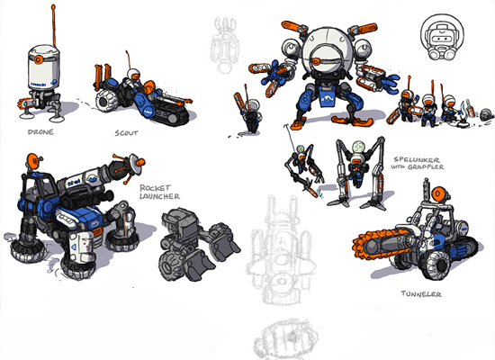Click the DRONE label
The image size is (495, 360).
click(x=40, y=132)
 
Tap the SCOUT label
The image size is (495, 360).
click(x=126, y=133)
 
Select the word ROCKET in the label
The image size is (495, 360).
click(x=156, y=188)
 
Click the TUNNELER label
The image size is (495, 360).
click(x=421, y=294)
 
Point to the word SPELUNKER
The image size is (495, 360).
click(x=417, y=160)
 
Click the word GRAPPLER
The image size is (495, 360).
click(x=426, y=166)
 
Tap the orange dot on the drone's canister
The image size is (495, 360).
click(x=39, y=59)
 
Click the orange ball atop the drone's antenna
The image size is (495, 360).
click(x=53, y=6)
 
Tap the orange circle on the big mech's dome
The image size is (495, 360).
click(x=316, y=61)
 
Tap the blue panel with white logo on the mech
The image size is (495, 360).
click(x=328, y=98)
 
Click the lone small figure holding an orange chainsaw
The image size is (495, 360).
click(x=248, y=113)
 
